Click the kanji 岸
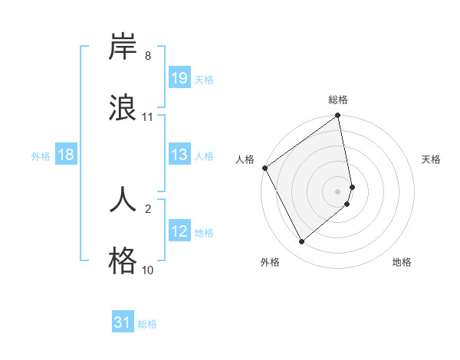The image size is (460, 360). pyautogui.click(x=123, y=47)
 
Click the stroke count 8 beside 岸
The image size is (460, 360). pyautogui.click(x=147, y=56)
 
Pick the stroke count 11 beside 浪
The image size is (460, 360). pyautogui.click(x=148, y=117)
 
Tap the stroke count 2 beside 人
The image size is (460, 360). pyautogui.click(x=147, y=208)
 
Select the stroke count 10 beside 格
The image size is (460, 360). pyautogui.click(x=148, y=270)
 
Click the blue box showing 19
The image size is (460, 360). pyautogui.click(x=179, y=78)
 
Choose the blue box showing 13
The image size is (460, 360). pyautogui.click(x=179, y=155)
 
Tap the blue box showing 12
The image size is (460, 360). pyautogui.click(x=179, y=231)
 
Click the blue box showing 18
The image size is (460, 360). pyautogui.click(x=66, y=155)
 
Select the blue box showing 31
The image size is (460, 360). pyautogui.click(x=123, y=322)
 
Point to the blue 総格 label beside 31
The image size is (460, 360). pyautogui.click(x=147, y=324)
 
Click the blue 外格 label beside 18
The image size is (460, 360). pyautogui.click(x=40, y=156)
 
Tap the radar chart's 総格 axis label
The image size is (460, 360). pyautogui.click(x=338, y=100)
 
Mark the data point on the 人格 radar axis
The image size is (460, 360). pyautogui.click(x=264, y=169)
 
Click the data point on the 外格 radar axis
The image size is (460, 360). pyautogui.click(x=301, y=242)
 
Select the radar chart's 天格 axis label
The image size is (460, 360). pyautogui.click(x=432, y=159)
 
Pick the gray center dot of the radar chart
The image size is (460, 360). pyautogui.click(x=338, y=190)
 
